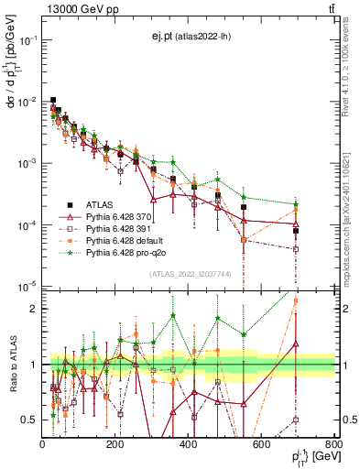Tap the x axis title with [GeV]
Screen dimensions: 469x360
pos(308,456)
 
